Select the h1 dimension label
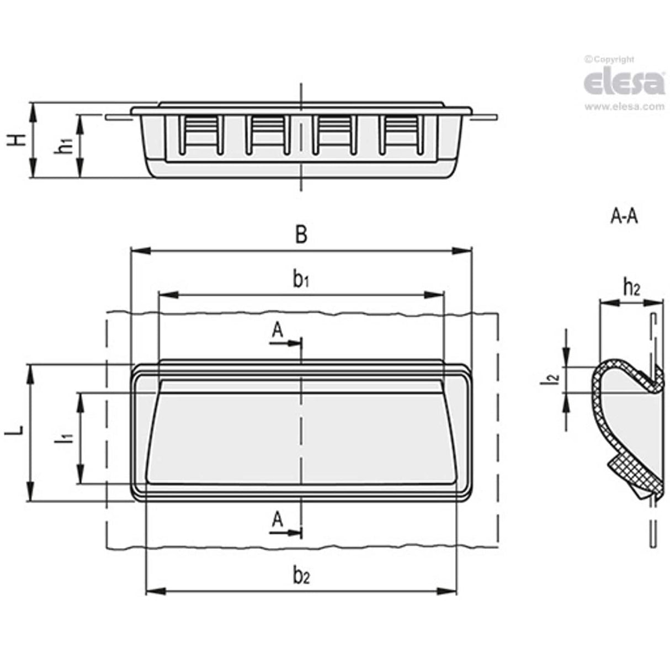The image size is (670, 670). [x=66, y=146]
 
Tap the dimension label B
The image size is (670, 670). [x=301, y=235]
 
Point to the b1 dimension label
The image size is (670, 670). [x=301, y=280]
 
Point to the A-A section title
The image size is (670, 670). [x=624, y=217]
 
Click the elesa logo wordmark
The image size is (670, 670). [x=624, y=83]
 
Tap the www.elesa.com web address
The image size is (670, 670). [x=624, y=107]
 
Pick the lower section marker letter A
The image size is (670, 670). [x=278, y=519]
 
